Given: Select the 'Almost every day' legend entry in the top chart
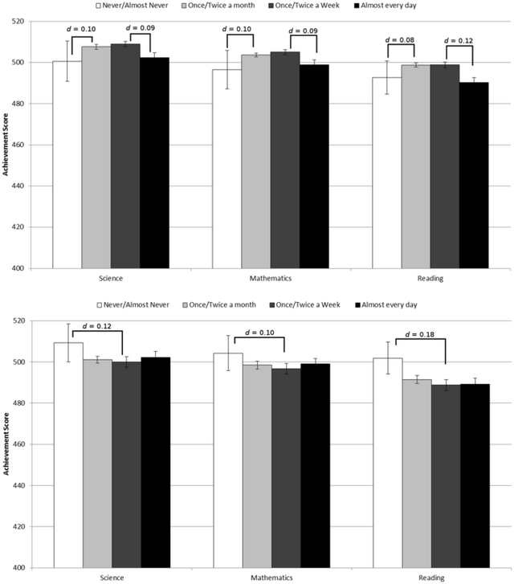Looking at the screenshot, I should [389, 6].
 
